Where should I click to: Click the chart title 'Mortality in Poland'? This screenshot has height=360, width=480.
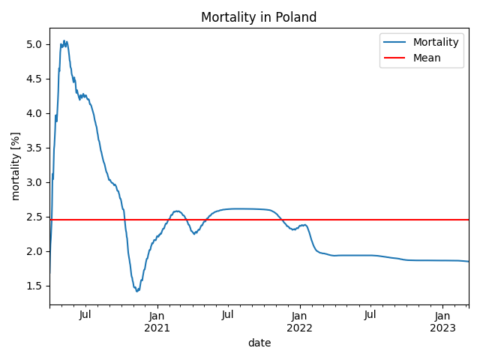click(x=259, y=17)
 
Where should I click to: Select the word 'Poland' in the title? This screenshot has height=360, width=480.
click(x=295, y=17)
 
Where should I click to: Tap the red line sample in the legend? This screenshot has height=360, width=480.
click(x=394, y=58)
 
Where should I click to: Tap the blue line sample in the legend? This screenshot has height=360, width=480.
click(x=394, y=43)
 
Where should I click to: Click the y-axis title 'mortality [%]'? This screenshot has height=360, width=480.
click(x=16, y=166)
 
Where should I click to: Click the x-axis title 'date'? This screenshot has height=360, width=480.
click(x=259, y=343)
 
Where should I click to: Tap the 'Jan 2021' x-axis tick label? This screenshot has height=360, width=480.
click(x=157, y=321)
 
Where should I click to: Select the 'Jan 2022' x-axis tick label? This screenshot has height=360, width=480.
click(x=299, y=321)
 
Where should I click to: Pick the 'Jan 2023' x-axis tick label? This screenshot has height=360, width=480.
click(x=442, y=321)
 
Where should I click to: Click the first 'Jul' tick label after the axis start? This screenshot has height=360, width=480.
click(x=85, y=314)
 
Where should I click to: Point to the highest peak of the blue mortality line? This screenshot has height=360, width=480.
click(x=64, y=40)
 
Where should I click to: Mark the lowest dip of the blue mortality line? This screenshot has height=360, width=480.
click(x=137, y=291)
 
